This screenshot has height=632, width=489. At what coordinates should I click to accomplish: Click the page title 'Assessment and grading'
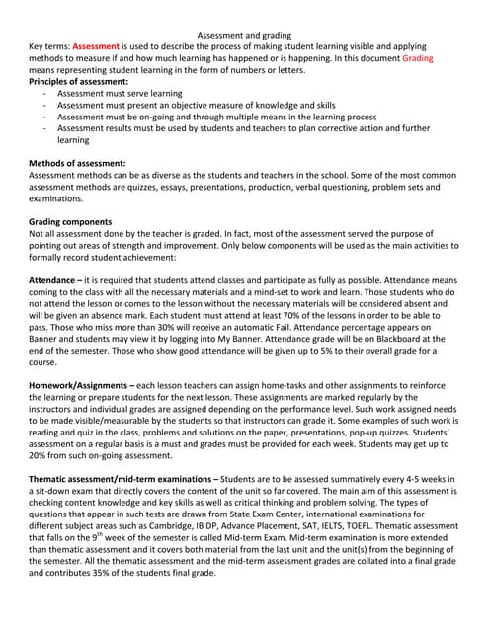[244, 36]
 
